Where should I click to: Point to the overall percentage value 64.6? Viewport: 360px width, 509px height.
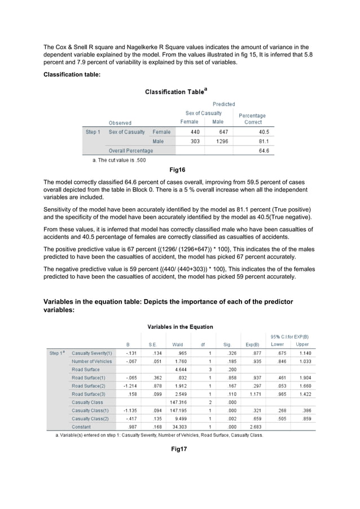tap(264, 151)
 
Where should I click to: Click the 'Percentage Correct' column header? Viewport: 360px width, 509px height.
tap(252, 119)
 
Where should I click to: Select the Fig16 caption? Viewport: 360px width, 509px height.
tap(177, 169)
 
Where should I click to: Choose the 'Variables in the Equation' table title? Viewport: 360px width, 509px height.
tap(180, 327)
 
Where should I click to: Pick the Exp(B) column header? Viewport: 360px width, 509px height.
tap(252, 344)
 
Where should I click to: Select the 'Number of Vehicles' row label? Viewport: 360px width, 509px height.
tap(92, 361)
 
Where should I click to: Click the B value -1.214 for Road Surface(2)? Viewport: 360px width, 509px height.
tap(130, 386)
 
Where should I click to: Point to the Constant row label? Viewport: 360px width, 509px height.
tap(82, 427)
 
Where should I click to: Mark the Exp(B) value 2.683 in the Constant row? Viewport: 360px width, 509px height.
tap(253, 427)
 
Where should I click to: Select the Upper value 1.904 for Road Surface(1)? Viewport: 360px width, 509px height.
tap(302, 378)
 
